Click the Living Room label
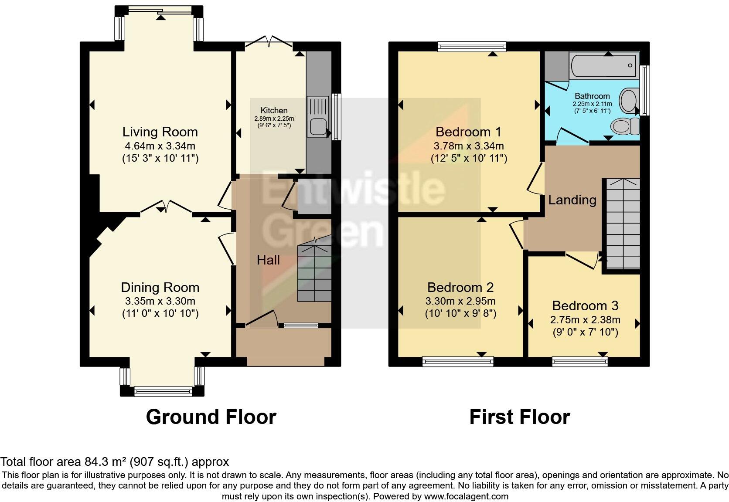click(160, 132)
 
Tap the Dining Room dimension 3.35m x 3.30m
click(160, 301)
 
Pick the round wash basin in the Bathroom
click(628, 100)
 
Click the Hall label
click(268, 260)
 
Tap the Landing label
click(572, 200)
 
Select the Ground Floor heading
click(211, 417)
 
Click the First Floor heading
click(519, 417)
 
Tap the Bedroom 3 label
click(585, 305)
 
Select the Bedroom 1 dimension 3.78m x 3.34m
click(468, 146)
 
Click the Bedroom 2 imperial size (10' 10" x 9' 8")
click(460, 313)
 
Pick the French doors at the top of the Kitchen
click(269, 42)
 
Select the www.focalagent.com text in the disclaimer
click(466, 496)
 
